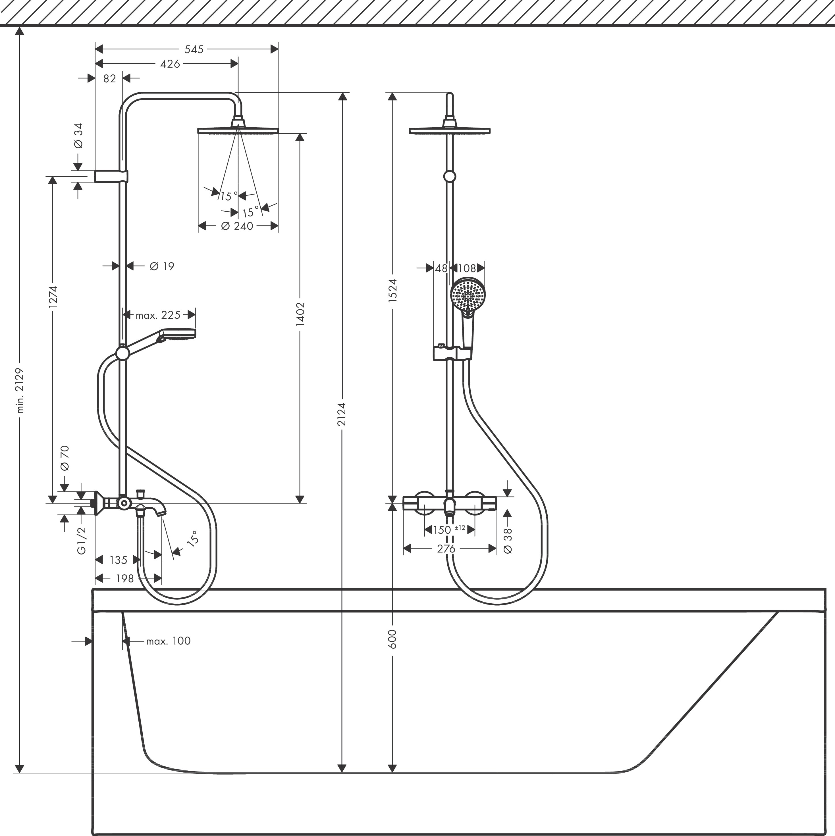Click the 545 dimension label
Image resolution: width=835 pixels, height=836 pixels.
(x=194, y=49)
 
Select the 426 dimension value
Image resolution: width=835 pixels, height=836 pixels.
(x=170, y=64)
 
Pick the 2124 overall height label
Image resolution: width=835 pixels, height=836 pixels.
(x=342, y=414)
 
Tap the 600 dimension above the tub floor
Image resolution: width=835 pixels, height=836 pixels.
(x=392, y=639)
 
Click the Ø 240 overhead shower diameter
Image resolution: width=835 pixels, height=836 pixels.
(x=237, y=226)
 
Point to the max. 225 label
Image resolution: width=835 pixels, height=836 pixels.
(x=158, y=315)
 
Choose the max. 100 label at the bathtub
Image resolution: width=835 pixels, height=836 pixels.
(x=168, y=641)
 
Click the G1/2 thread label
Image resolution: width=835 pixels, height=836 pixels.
(x=81, y=541)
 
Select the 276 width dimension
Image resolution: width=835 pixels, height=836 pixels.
(x=446, y=549)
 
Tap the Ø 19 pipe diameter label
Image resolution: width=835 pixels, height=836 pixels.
(x=162, y=266)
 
